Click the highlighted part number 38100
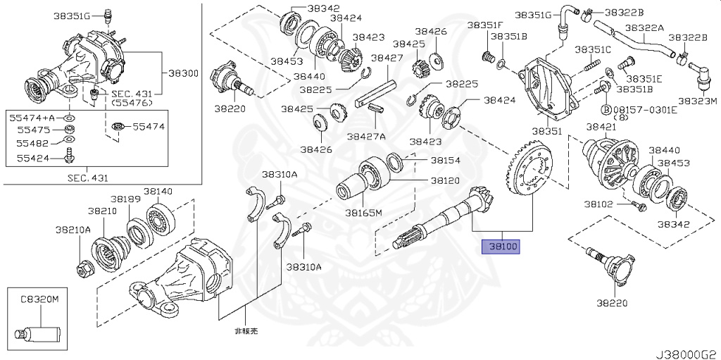point(499,247)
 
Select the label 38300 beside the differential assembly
point(182,73)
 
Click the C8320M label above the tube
point(39,299)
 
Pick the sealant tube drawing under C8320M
point(39,331)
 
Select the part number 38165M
point(363,212)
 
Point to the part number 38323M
point(698,101)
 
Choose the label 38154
point(445,161)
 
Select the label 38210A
point(74,230)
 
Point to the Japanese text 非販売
point(246,330)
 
